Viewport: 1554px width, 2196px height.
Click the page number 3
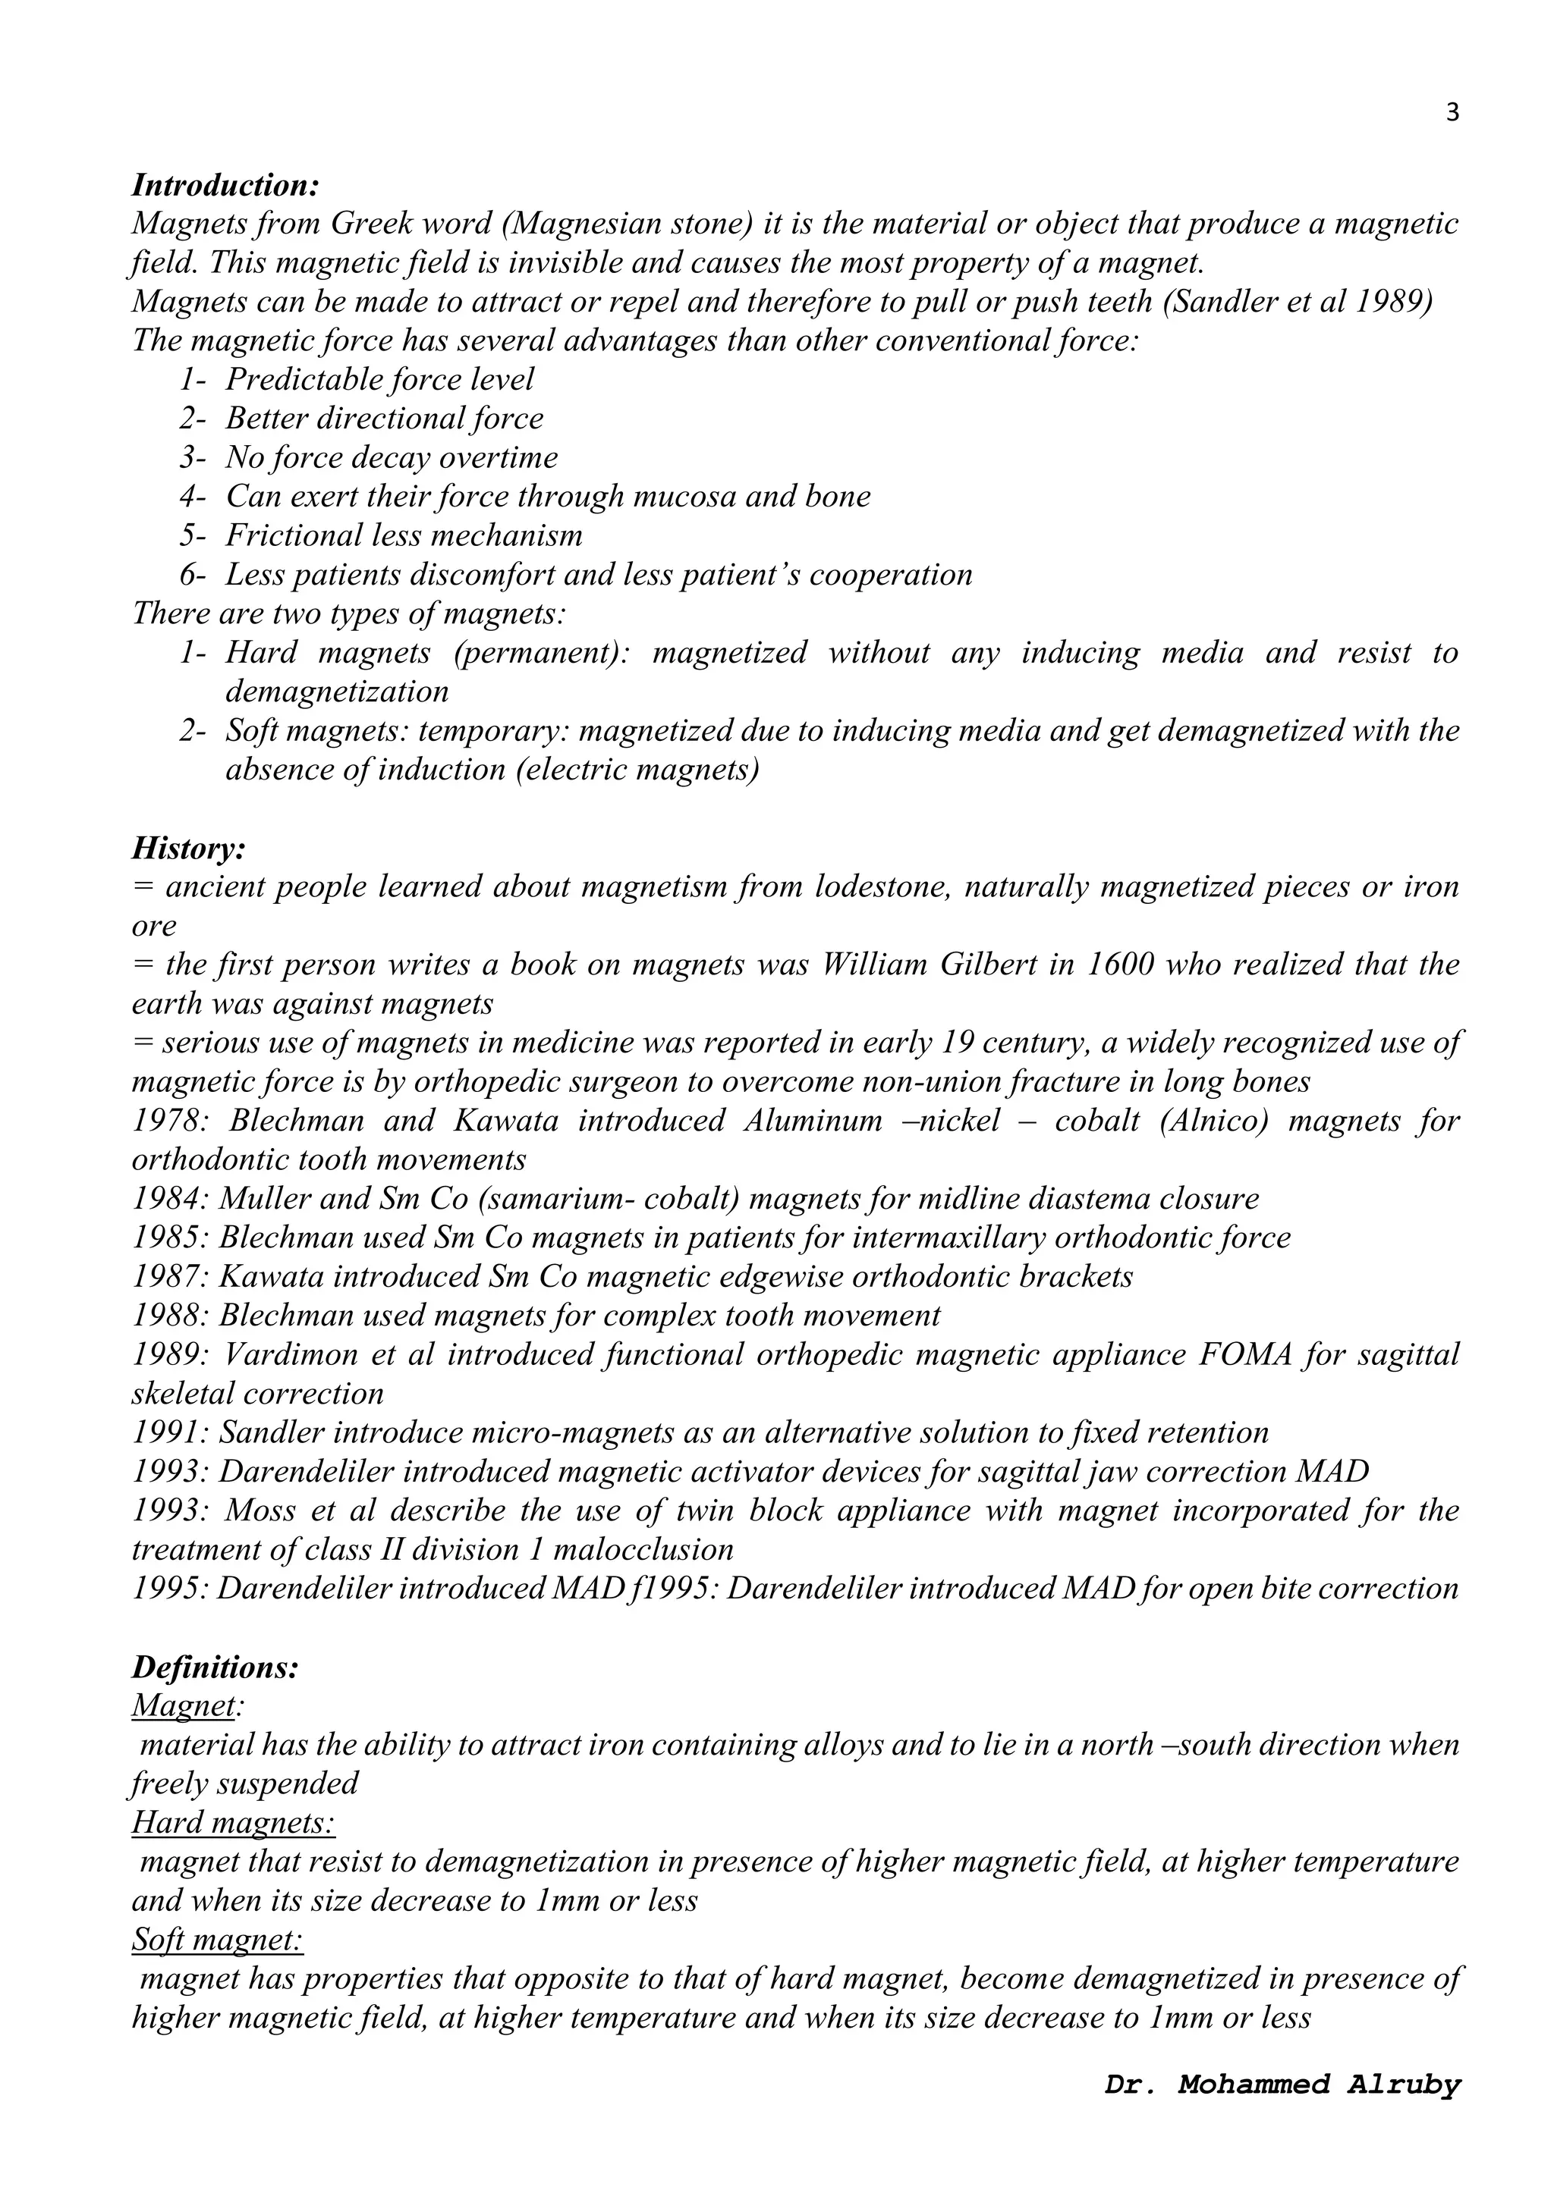point(1452,113)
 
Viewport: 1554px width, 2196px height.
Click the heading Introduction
point(225,184)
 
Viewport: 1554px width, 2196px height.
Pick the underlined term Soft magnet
point(216,1940)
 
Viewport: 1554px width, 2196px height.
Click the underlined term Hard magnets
point(232,1822)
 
